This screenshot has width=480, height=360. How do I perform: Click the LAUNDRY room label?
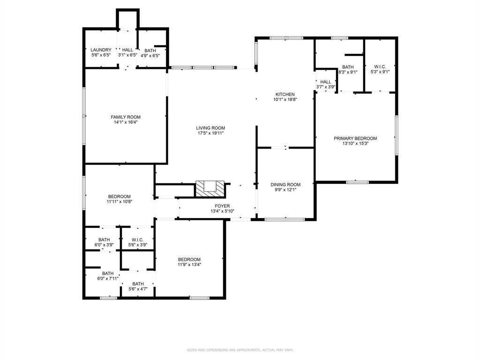point(101,50)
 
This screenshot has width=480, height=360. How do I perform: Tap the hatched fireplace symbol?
point(210,187)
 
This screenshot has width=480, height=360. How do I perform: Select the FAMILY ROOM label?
point(126,117)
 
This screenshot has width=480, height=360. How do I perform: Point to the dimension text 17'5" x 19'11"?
point(210,133)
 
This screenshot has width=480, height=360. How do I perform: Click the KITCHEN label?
point(285,94)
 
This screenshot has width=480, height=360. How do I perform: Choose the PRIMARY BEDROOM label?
point(355,138)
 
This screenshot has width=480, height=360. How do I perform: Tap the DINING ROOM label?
point(285,185)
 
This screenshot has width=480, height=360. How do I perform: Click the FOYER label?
point(222,206)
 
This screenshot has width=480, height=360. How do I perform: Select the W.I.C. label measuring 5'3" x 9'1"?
point(380,67)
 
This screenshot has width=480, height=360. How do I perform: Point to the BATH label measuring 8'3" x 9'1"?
point(348,67)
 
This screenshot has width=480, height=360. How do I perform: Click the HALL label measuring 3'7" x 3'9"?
point(325,82)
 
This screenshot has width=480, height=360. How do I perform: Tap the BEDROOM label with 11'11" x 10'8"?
point(119,196)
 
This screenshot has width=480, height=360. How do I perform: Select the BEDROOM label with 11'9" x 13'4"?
point(189,259)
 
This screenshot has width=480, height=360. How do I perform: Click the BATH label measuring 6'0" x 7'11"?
point(108,274)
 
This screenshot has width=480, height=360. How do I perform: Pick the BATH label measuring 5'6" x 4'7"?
point(138,284)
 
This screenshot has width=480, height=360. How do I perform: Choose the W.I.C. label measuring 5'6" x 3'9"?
point(137,240)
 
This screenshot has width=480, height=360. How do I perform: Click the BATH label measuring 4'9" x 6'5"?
point(150,50)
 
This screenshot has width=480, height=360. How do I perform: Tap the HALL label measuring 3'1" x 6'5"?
point(127,50)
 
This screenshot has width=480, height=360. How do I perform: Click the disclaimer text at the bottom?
point(240,350)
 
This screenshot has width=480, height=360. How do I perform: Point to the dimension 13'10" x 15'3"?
point(355,143)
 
